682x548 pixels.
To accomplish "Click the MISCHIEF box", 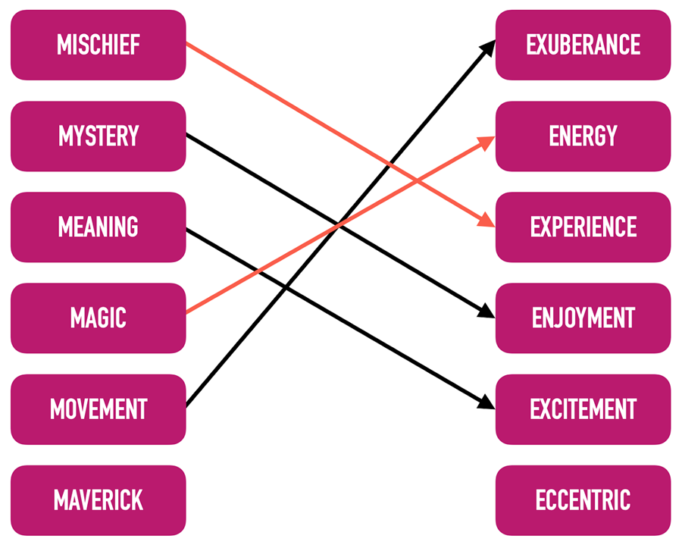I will click(x=98, y=45).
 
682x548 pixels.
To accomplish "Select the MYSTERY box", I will click(x=98, y=136).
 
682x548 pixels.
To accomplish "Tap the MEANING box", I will click(x=98, y=227).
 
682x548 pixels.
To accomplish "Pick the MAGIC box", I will click(x=98, y=318).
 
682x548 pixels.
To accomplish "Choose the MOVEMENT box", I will click(x=98, y=409).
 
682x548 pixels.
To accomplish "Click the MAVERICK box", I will click(x=98, y=500).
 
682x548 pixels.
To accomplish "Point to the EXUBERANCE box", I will click(x=583, y=45).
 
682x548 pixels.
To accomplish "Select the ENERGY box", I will click(x=583, y=136).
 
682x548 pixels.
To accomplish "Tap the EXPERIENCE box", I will click(x=583, y=227).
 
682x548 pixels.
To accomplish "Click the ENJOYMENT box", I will click(x=583, y=318).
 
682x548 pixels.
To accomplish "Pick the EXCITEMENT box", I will click(x=583, y=409).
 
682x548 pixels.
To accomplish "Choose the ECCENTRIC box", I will click(x=583, y=500).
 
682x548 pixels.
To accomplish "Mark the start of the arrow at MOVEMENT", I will click(x=187, y=406).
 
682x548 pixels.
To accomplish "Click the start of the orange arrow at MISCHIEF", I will click(x=187, y=44).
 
